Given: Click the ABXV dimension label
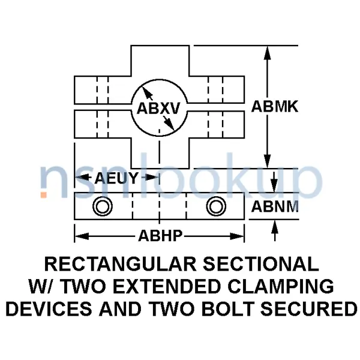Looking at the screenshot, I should tap(159, 109).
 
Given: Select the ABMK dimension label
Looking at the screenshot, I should tap(275, 107).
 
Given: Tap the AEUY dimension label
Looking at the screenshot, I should tap(117, 178).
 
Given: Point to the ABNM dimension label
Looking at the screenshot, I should tap(275, 208).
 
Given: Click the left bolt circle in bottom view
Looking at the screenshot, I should tap(102, 207).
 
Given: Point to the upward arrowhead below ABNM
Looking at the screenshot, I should tap(274, 226).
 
